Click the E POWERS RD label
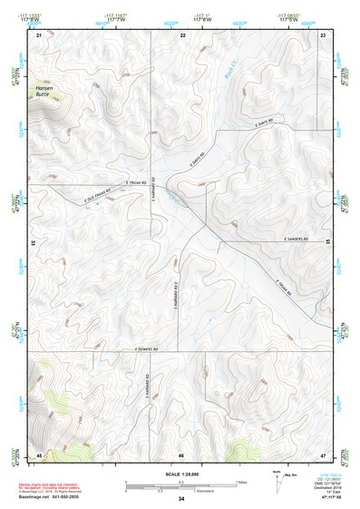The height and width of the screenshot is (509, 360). [x=154, y=347]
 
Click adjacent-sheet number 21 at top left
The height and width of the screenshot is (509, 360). [x=39, y=34]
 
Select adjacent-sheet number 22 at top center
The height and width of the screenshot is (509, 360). [x=182, y=34]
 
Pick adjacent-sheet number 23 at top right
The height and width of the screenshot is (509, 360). [x=324, y=34]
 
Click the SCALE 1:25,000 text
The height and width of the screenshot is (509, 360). [x=181, y=475]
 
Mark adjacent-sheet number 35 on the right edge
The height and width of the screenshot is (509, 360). [x=328, y=242]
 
